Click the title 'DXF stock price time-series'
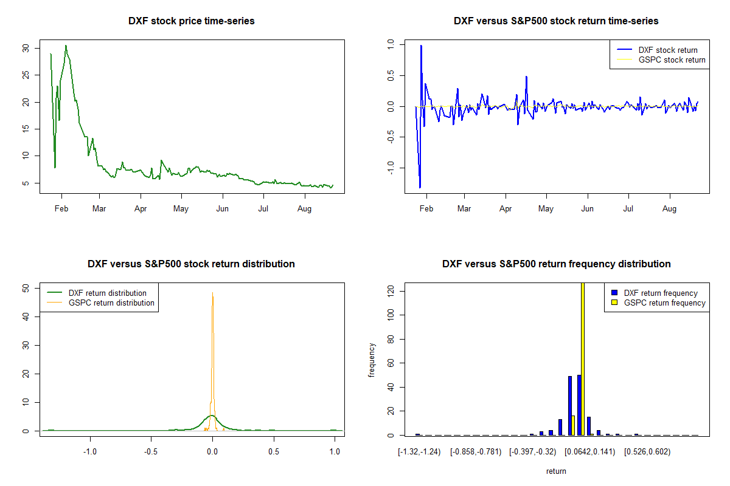click(x=191, y=21)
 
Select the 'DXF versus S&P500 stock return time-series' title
click(x=556, y=21)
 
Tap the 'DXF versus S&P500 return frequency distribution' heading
click(x=556, y=264)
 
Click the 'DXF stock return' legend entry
click(x=667, y=50)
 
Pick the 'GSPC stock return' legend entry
click(x=672, y=60)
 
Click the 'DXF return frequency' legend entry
click(x=661, y=293)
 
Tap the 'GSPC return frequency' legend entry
click(x=664, y=303)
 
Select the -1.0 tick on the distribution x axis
click(x=90, y=452)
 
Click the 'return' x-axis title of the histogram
click(x=556, y=471)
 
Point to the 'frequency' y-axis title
click(x=372, y=360)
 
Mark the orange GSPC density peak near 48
click(x=212, y=294)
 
